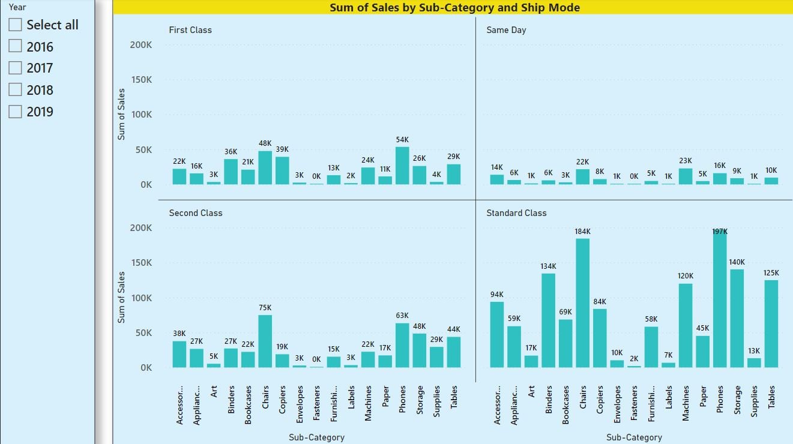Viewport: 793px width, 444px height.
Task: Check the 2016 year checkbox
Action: (x=16, y=46)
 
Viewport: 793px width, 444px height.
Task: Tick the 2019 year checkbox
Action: (x=16, y=111)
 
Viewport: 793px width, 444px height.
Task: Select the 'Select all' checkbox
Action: (x=16, y=25)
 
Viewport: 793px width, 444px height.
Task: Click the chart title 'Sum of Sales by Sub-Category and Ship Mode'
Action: (x=454, y=7)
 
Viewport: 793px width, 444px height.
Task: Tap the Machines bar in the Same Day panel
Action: (x=686, y=176)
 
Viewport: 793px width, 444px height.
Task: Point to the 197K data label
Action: (x=720, y=232)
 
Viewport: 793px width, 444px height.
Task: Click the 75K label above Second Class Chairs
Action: (x=265, y=307)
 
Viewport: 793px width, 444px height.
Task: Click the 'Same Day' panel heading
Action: (x=506, y=30)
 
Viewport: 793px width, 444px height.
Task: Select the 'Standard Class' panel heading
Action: (x=516, y=213)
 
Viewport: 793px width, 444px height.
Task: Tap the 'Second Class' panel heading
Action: (x=196, y=213)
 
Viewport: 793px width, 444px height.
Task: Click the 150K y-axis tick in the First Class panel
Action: (x=140, y=80)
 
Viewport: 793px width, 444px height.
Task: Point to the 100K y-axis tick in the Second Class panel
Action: (x=140, y=298)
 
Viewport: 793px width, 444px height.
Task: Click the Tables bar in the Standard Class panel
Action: (x=771, y=323)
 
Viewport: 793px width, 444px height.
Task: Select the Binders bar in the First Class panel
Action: (x=231, y=172)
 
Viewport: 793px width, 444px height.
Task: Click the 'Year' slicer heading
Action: (x=17, y=7)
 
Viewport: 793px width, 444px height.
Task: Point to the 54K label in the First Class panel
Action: (x=402, y=140)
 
